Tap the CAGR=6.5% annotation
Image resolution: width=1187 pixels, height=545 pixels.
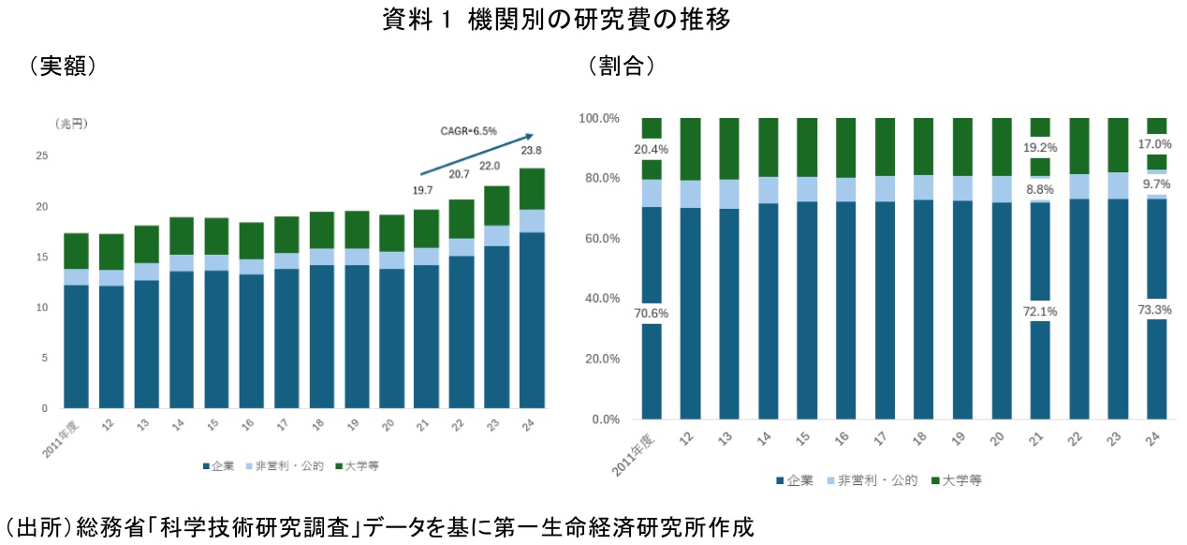tap(469, 131)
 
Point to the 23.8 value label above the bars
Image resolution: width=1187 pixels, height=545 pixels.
tap(532, 150)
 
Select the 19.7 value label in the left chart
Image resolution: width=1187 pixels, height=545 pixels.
tap(426, 191)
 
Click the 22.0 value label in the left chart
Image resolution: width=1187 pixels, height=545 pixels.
tap(490, 167)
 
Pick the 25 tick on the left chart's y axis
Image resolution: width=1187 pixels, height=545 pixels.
tap(41, 155)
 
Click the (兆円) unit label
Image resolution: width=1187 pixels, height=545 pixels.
tap(72, 123)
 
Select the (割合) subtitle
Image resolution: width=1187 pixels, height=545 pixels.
tap(621, 66)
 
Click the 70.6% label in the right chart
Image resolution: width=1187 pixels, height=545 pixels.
tap(651, 314)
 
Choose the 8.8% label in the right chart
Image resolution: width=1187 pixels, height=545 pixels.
tap(1040, 188)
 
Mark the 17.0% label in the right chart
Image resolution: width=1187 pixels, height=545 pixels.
tap(1156, 144)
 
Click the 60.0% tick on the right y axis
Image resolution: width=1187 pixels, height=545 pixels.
tap(600, 239)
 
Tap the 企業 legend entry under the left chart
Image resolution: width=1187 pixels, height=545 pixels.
tap(220, 465)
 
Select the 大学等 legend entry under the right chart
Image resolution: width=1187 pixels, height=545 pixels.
tap(962, 480)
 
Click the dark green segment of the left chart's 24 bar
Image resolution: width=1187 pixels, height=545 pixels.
tap(532, 188)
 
